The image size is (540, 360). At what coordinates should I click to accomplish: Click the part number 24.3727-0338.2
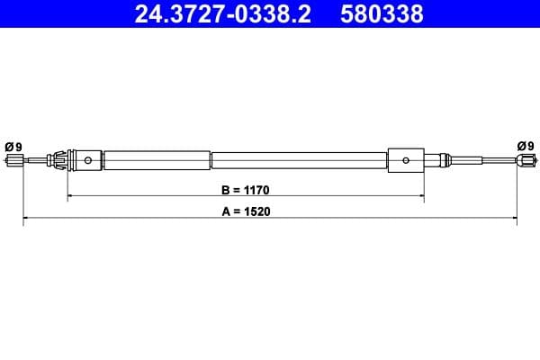click(x=220, y=14)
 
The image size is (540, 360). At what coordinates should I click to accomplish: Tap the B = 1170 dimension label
click(x=246, y=191)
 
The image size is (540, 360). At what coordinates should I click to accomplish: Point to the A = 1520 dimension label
click(x=246, y=212)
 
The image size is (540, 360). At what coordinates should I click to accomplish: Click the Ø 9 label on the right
click(x=526, y=146)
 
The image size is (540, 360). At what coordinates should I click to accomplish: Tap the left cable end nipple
click(x=13, y=162)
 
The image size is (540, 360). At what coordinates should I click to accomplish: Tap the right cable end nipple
click(x=525, y=162)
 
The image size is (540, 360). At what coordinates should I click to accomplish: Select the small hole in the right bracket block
click(x=407, y=162)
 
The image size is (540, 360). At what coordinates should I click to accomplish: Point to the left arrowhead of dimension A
click(x=25, y=219)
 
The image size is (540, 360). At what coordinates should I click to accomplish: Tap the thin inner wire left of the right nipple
click(x=490, y=162)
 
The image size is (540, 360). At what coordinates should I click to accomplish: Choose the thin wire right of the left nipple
click(x=36, y=162)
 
